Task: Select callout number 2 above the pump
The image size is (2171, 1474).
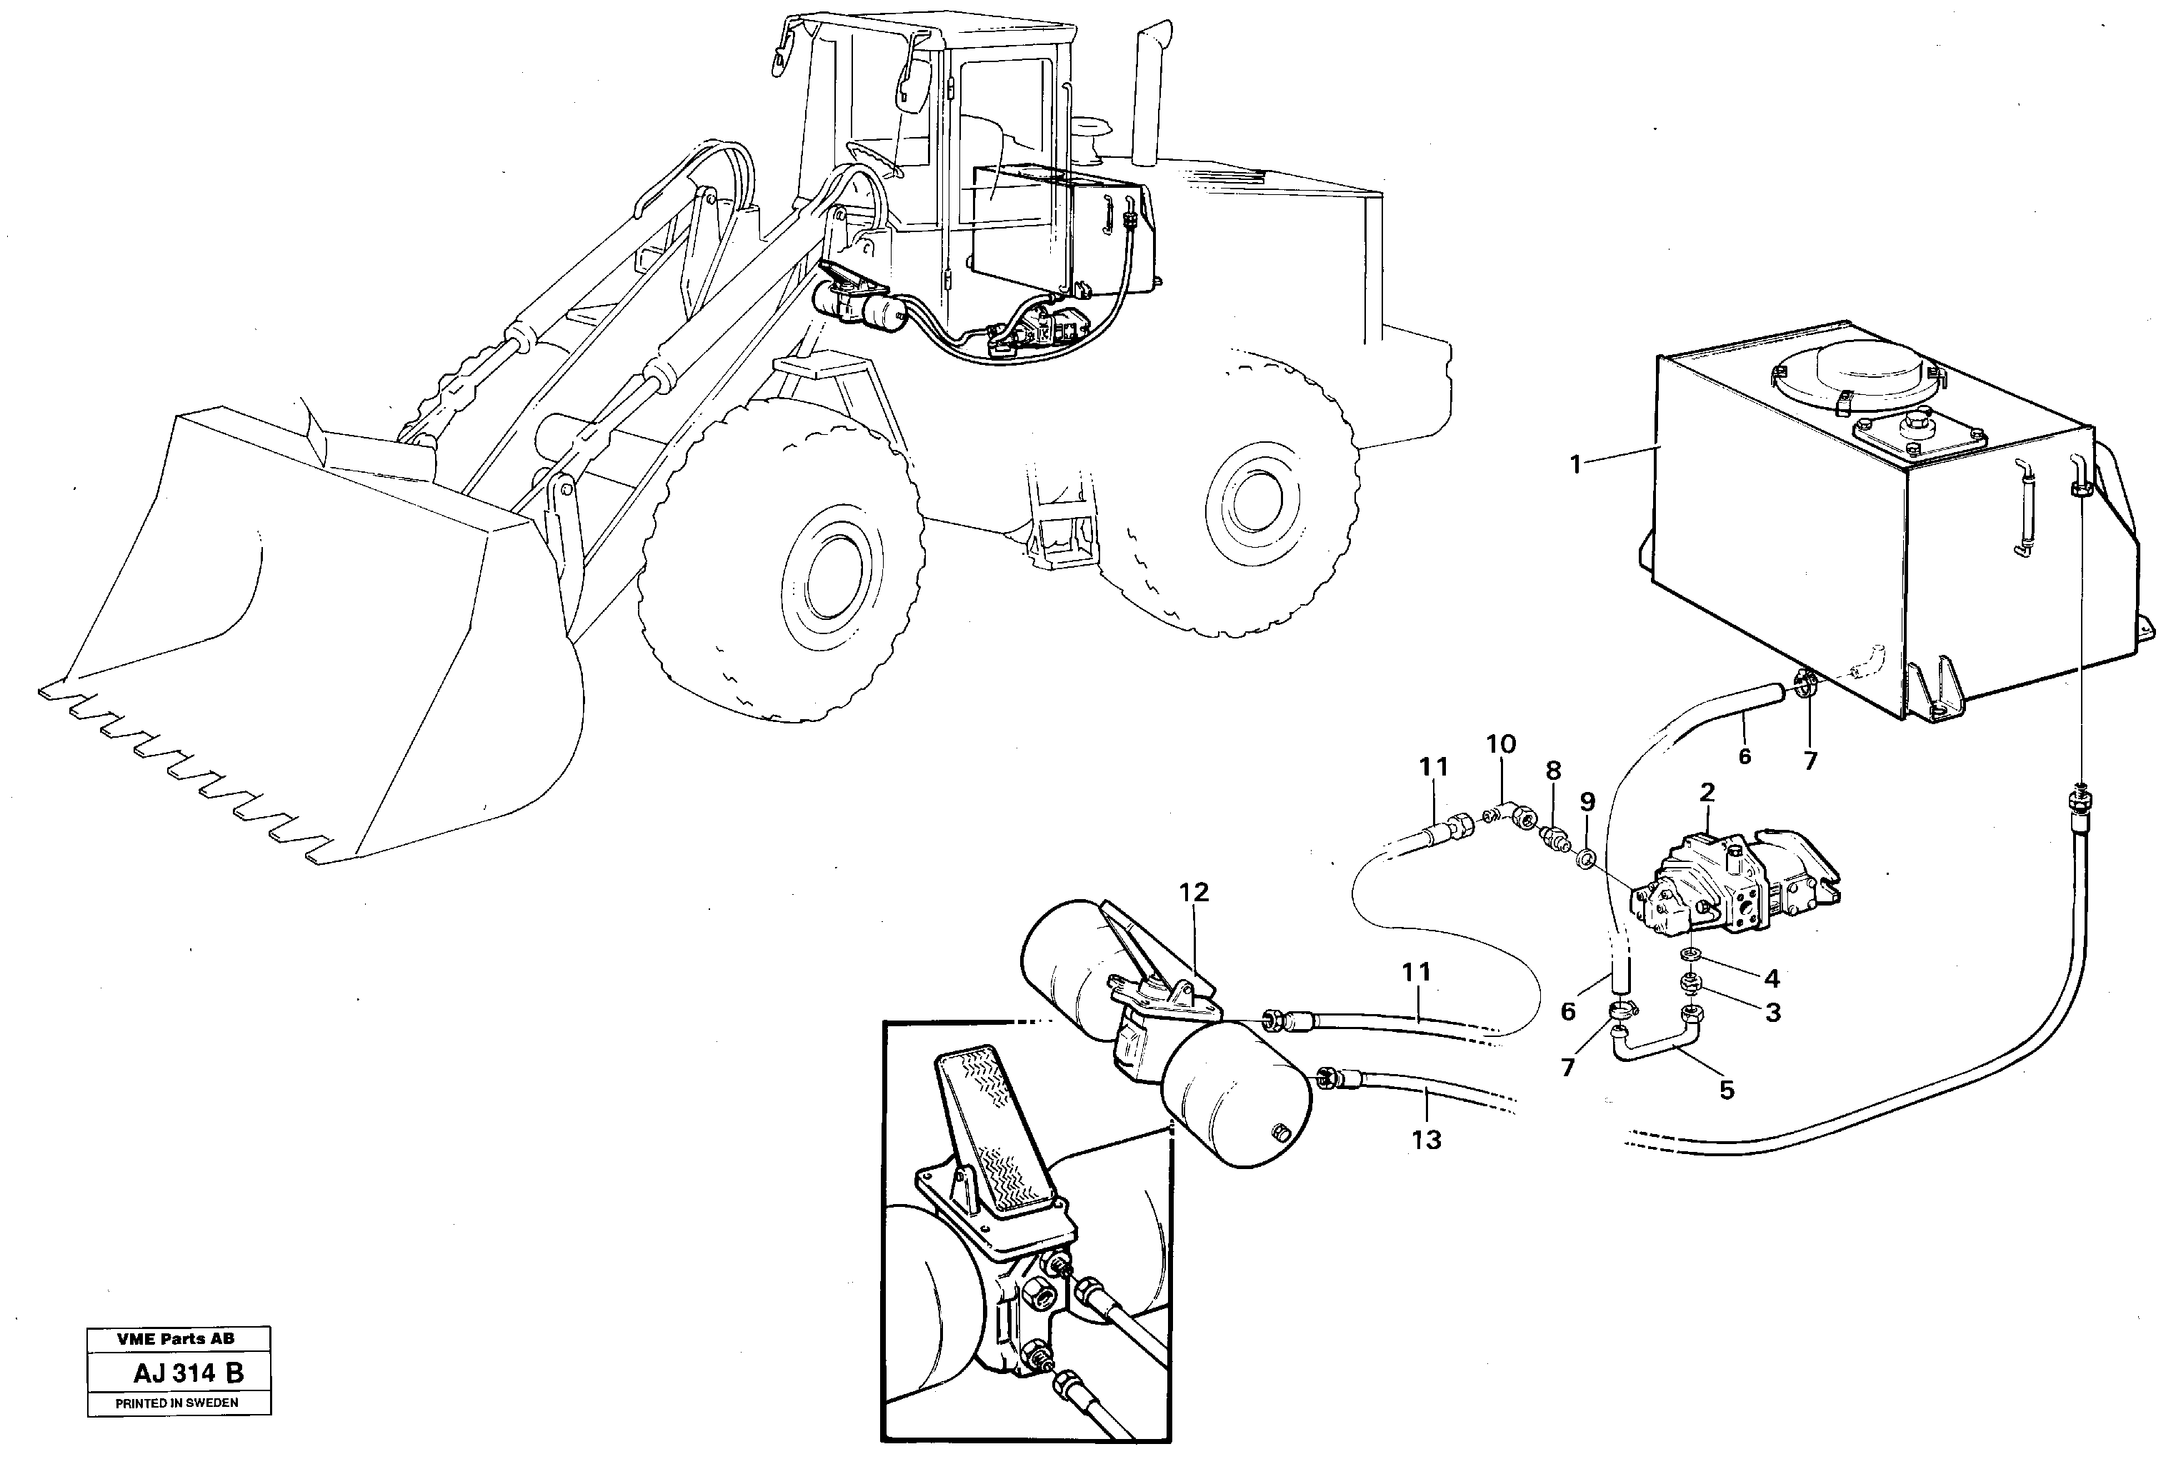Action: tap(1707, 793)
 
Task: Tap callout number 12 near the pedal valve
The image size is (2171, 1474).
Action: tap(1194, 892)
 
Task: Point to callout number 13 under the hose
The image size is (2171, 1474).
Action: tap(1427, 1140)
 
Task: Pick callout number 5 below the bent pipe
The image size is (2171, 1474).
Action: tap(1727, 1090)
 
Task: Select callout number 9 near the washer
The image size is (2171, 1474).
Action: tap(1588, 801)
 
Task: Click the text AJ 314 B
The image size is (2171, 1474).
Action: tap(188, 1373)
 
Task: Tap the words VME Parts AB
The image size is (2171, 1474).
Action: tap(176, 1338)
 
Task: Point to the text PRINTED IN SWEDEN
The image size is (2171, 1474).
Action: tap(176, 1403)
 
